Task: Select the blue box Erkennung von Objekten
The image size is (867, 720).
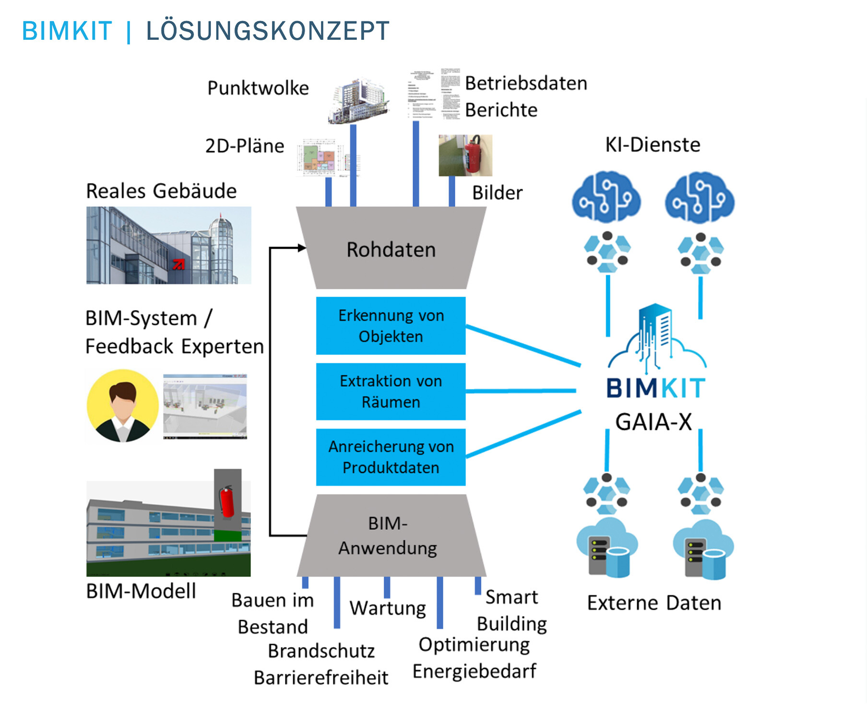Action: tap(391, 325)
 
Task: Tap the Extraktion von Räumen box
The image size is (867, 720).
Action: tap(391, 391)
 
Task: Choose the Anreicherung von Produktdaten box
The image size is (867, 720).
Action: tap(391, 457)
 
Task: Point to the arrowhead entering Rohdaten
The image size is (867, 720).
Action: tap(302, 248)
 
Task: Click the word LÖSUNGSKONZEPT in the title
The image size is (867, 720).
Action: tap(268, 31)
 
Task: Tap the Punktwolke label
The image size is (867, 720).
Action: tap(258, 88)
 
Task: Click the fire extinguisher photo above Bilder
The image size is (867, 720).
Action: tap(465, 155)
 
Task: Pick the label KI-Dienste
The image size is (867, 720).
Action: tap(652, 144)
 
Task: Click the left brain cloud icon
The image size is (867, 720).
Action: tap(606, 197)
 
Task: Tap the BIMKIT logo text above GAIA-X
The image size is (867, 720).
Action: tap(655, 388)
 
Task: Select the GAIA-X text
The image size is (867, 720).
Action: tap(653, 422)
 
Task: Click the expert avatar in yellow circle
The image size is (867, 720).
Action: tap(122, 405)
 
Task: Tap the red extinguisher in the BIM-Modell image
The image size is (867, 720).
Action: tap(226, 502)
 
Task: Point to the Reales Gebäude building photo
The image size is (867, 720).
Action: tap(168, 245)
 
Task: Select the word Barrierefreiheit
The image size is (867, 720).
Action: tap(321, 677)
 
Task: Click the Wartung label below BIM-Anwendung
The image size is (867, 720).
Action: tap(387, 608)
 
